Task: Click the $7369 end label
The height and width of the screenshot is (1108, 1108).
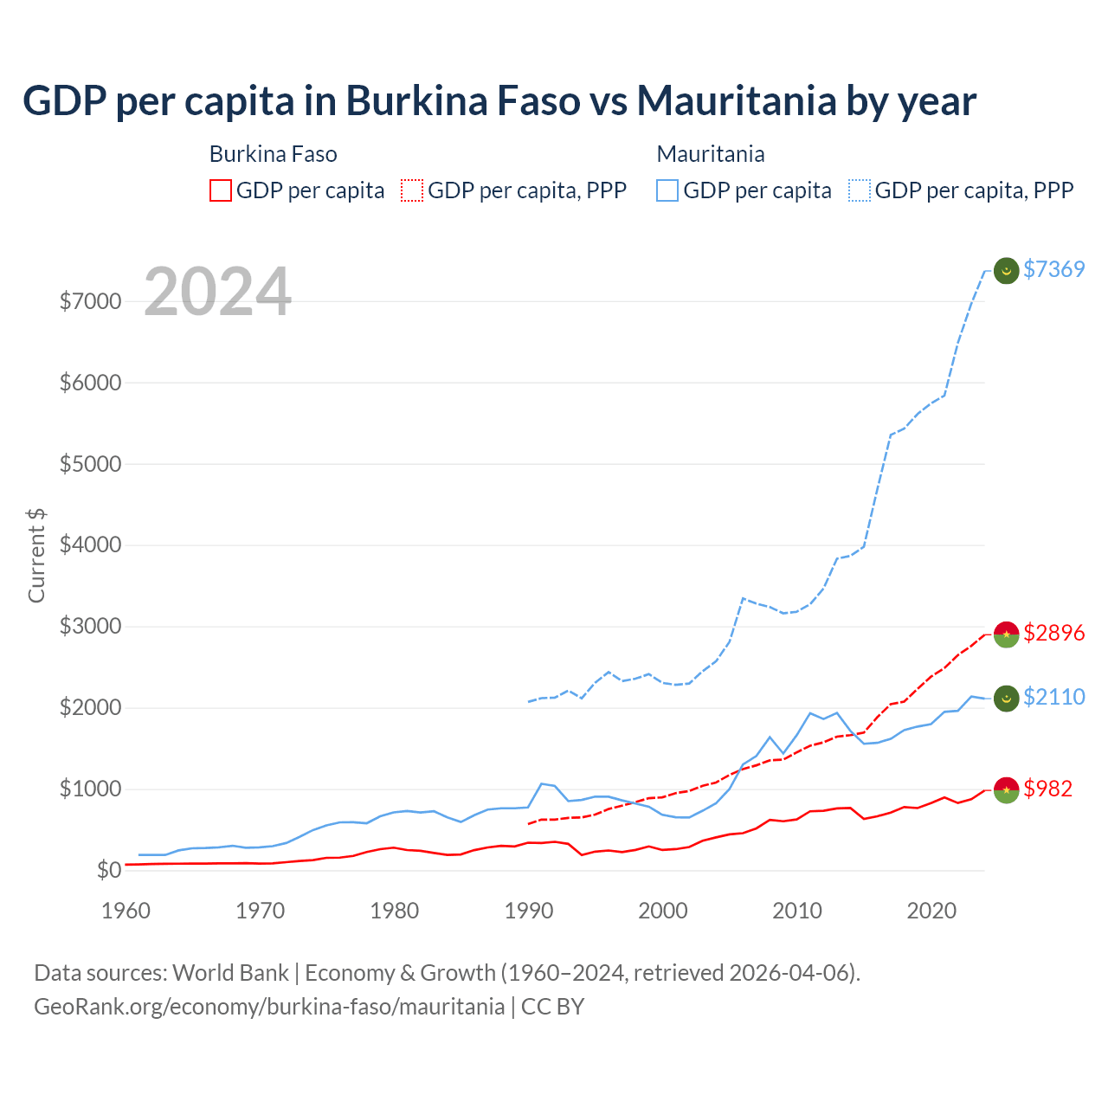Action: pos(1053,269)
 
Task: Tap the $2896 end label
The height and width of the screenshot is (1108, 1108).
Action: pos(1053,633)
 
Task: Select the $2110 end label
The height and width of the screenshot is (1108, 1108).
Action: pos(1053,697)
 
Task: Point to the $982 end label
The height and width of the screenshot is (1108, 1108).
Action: pos(1047,789)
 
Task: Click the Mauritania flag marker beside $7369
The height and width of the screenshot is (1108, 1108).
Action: pos(1006,270)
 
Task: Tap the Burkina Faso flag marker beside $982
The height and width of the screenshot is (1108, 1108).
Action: pos(1006,789)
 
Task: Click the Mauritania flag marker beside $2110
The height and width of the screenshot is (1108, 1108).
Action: pos(1006,698)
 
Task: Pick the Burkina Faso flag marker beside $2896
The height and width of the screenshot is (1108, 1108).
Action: pos(1006,634)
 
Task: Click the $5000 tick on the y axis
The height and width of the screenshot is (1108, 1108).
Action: pos(90,464)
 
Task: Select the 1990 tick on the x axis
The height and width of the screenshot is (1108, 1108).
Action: pos(529,911)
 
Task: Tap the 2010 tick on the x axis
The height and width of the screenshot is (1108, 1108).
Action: pos(797,911)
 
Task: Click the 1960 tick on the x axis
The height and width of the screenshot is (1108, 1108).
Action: pos(126,911)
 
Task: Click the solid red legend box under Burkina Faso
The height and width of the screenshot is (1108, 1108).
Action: pos(221,190)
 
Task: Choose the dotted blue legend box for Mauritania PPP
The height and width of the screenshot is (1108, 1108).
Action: pos(860,190)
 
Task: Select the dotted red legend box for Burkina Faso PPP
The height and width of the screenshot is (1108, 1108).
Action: pos(413,190)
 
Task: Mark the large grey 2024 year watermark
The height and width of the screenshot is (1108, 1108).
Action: pos(217,292)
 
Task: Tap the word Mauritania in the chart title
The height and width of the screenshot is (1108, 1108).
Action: pos(737,101)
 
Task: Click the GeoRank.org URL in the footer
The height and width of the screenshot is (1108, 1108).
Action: pos(269,1007)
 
